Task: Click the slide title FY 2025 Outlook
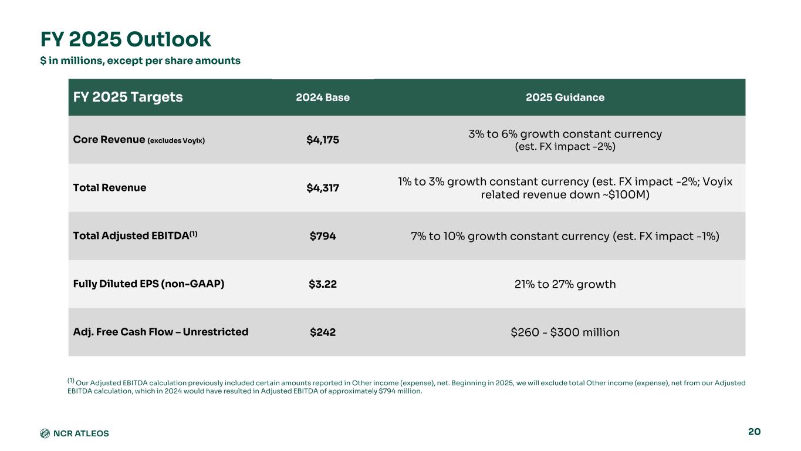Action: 126,39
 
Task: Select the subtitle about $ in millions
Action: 140,60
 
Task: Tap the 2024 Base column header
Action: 323,97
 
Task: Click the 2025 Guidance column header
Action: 565,97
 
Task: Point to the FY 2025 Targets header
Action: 128,97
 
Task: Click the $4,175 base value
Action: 323,140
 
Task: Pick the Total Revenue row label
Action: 110,188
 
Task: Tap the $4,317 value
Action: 323,188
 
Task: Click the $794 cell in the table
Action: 323,236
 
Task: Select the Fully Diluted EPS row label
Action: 148,284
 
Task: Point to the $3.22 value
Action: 323,284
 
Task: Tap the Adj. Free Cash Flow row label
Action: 160,332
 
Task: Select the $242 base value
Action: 323,332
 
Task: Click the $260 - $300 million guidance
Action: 565,332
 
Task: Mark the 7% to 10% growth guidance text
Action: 565,236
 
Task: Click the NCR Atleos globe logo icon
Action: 45,433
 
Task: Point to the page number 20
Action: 754,432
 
